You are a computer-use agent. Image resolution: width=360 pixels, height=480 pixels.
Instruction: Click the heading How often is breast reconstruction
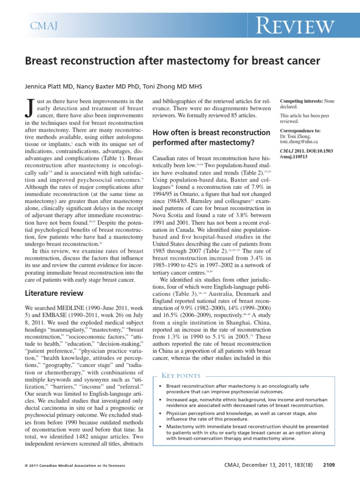coord(211,133)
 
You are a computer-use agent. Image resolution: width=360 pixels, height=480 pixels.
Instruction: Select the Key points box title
coord(180,375)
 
